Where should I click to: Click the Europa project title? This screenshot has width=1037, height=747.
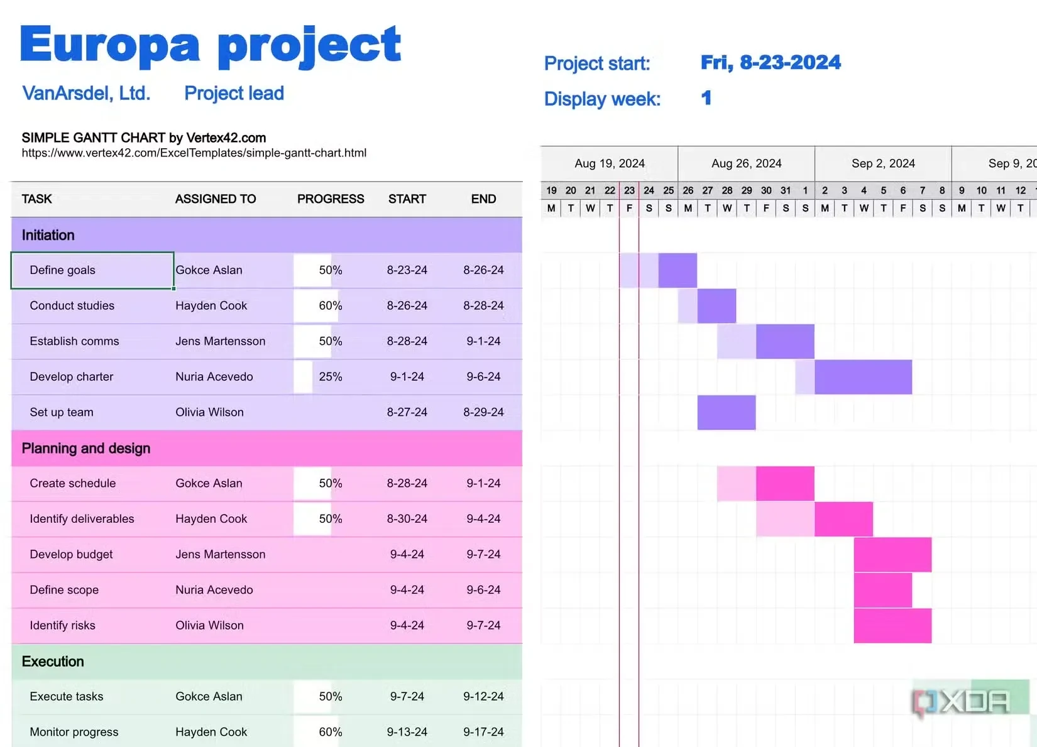pyautogui.click(x=210, y=45)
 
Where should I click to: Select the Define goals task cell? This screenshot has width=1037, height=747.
pyautogui.click(x=63, y=270)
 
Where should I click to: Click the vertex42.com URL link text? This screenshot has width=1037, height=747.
pyautogui.click(x=194, y=153)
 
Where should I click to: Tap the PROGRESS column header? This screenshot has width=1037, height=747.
pyautogui.click(x=331, y=199)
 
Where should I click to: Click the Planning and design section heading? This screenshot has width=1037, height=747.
pyautogui.click(x=86, y=449)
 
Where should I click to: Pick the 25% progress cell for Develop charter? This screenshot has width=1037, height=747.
pyautogui.click(x=330, y=377)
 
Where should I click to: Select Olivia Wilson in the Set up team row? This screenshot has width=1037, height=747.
pyautogui.click(x=209, y=413)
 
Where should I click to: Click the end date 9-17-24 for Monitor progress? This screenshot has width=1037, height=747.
pyautogui.click(x=483, y=732)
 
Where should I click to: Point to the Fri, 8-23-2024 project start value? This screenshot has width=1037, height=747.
pyautogui.click(x=771, y=63)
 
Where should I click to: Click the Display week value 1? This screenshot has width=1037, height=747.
pyautogui.click(x=706, y=99)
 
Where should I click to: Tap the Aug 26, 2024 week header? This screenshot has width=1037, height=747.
pyautogui.click(x=746, y=164)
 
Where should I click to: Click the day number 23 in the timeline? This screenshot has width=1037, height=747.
pyautogui.click(x=629, y=190)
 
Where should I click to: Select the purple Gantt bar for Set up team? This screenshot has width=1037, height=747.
pyautogui.click(x=726, y=413)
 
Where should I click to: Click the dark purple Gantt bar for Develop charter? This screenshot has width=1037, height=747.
pyautogui.click(x=863, y=377)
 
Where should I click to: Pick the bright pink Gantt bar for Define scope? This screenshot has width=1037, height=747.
pyautogui.click(x=882, y=590)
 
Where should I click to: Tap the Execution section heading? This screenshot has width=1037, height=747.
pyautogui.click(x=53, y=662)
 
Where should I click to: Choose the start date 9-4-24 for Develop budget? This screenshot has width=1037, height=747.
pyautogui.click(x=407, y=555)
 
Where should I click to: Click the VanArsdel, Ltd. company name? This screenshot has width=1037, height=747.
pyautogui.click(x=86, y=94)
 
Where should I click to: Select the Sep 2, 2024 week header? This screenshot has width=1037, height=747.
pyautogui.click(x=883, y=164)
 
